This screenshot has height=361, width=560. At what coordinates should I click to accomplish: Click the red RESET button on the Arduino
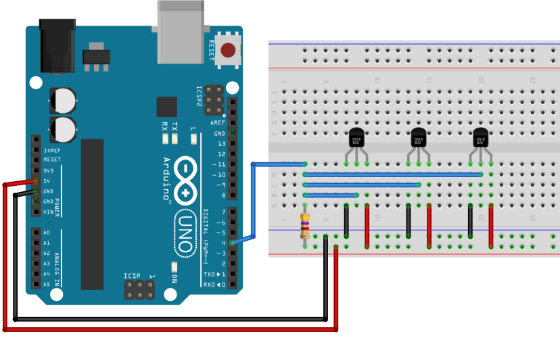pyautogui.click(x=229, y=50)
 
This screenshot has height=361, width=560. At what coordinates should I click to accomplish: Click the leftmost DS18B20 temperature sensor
pyautogui.click(x=356, y=138)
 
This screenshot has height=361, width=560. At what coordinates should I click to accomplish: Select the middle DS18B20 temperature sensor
pyautogui.click(x=418, y=138)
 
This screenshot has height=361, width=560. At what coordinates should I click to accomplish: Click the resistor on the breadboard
pyautogui.click(x=305, y=226)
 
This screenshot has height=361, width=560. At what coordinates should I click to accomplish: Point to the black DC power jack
pyautogui.click(x=57, y=46)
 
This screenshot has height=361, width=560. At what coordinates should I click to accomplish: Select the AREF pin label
pyautogui.click(x=217, y=123)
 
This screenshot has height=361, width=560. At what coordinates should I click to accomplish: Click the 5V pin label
pyautogui.click(x=47, y=181)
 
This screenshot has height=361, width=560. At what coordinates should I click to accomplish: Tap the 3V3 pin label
pyautogui.click(x=48, y=170)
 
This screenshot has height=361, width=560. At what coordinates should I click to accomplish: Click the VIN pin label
pyautogui.click(x=48, y=212)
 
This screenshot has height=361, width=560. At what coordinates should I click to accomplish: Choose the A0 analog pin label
pyautogui.click(x=47, y=232)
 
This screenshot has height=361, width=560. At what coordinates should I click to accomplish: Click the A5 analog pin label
pyautogui.click(x=47, y=284)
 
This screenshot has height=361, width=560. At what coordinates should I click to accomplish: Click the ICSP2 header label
pyautogui.click(x=199, y=97)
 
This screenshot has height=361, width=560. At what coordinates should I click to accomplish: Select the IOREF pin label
pyautogui.click(x=51, y=150)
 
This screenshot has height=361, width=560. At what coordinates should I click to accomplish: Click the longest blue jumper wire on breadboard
pyautogui.click(x=392, y=174)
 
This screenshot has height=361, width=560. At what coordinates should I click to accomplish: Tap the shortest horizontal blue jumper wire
pyautogui.click(x=331, y=195)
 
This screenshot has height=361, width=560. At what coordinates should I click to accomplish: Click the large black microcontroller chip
pyautogui.click(x=93, y=214)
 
